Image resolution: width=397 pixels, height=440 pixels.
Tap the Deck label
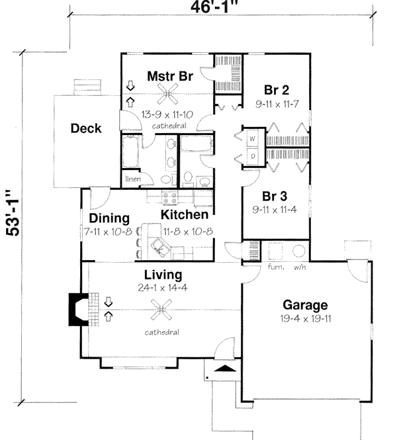tap(86, 128)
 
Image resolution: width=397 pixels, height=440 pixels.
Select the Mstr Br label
tap(169, 76)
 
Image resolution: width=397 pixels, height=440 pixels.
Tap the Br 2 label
tap(276, 89)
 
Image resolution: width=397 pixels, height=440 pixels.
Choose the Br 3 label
tap(276, 197)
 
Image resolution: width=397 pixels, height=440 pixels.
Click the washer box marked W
tap(253, 139)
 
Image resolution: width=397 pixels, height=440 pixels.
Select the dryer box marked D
tap(253, 155)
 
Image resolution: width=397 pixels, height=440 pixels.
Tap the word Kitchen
tap(185, 215)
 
